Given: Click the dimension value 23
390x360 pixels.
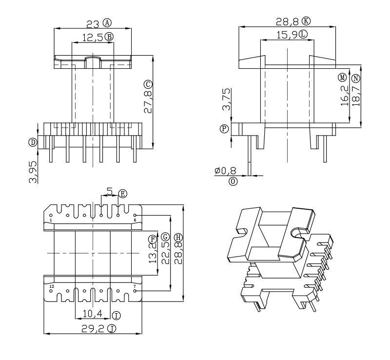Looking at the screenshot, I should point(93,23).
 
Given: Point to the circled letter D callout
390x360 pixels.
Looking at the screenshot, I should point(33,142).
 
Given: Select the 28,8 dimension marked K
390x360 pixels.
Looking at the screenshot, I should point(292,21).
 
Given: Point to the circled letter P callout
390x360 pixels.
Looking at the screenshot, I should point(225,129).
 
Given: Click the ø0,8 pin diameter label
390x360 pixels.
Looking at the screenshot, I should point(225,171).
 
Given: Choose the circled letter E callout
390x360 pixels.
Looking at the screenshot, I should point(122,194).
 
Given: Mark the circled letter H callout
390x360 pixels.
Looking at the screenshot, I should point(178,238).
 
